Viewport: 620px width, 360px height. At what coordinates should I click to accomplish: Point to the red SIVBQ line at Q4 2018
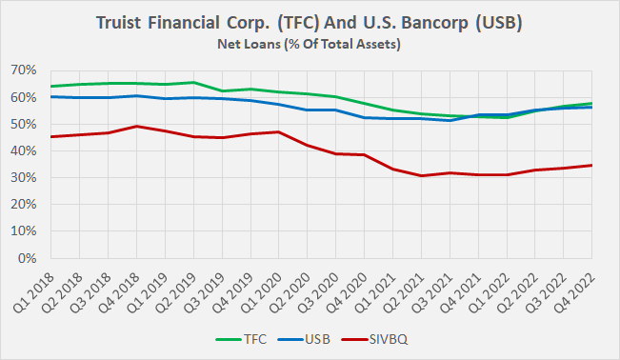coord(138,126)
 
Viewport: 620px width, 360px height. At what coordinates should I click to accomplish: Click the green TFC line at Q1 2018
coord(51,87)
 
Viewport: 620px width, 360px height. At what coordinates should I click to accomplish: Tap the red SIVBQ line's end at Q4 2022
coord(592,165)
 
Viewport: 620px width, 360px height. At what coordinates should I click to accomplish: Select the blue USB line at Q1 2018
coord(51,96)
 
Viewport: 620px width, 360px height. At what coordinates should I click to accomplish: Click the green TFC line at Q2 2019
coord(194,82)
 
